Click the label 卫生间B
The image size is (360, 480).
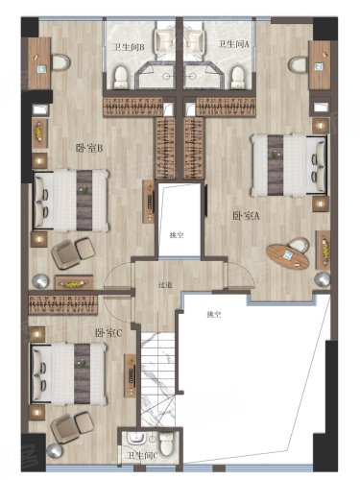click(x=129, y=47)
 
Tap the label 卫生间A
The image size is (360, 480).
click(x=233, y=44)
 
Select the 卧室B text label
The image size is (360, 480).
click(x=89, y=148)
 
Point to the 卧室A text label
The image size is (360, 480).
click(x=246, y=217)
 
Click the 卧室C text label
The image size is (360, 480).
click(x=108, y=333)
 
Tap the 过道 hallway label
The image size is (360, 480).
click(x=165, y=284)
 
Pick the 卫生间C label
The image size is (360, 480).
click(x=142, y=455)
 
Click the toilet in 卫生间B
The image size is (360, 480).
click(x=121, y=77)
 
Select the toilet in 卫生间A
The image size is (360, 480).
click(x=238, y=77)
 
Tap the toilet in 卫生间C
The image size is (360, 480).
click(x=166, y=444)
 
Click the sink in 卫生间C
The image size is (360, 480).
click(x=136, y=439)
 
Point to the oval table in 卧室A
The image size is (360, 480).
click(x=287, y=256)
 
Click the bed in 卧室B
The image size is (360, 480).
click(x=71, y=201)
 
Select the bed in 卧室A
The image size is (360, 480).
click(x=289, y=165)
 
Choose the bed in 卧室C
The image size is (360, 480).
click(x=68, y=374)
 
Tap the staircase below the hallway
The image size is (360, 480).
click(x=158, y=379)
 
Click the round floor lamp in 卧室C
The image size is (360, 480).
click(x=54, y=451)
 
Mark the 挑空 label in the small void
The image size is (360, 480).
click(x=177, y=236)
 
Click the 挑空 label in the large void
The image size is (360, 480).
click(x=214, y=315)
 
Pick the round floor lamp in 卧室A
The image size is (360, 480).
click(x=322, y=279)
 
